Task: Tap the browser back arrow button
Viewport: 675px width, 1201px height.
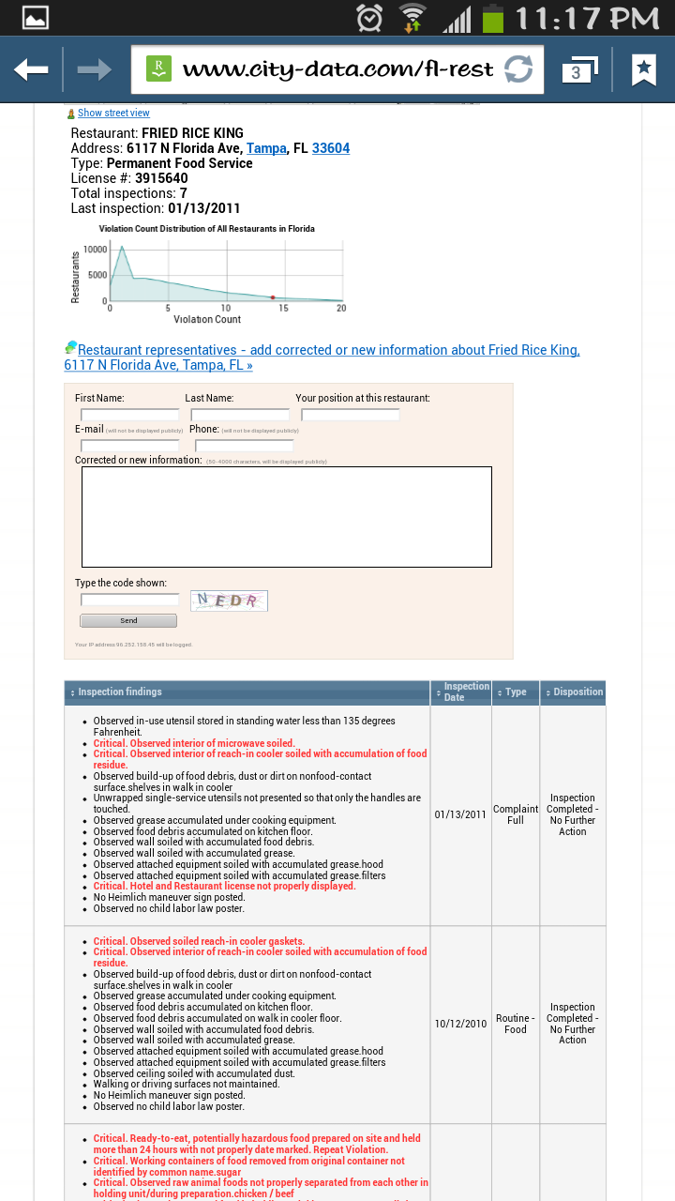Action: [31, 69]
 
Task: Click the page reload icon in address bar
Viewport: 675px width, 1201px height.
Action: [518, 69]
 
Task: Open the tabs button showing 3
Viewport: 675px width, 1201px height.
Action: [577, 70]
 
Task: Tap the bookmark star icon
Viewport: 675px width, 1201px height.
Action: [643, 69]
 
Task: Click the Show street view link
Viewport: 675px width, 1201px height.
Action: [113, 113]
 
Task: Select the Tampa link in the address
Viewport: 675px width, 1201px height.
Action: [266, 148]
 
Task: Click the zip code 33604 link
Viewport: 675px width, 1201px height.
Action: [331, 148]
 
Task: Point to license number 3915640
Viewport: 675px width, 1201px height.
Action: [161, 178]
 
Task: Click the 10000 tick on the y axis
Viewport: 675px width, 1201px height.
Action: [96, 249]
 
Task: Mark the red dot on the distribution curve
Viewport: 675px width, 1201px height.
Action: [273, 297]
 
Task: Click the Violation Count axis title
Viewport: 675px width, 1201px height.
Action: [207, 320]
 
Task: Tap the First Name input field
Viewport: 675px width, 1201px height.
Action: [129, 415]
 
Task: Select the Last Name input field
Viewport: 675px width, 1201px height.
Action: [240, 415]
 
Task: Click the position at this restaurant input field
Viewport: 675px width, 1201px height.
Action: [351, 415]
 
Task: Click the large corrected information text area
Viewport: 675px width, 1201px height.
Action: [286, 517]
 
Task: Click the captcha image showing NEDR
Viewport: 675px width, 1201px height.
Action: [229, 600]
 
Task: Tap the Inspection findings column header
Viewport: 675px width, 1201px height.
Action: [120, 692]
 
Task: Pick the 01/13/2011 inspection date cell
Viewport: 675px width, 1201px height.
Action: [460, 814]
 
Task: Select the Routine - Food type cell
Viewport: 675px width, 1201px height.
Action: [516, 1024]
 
